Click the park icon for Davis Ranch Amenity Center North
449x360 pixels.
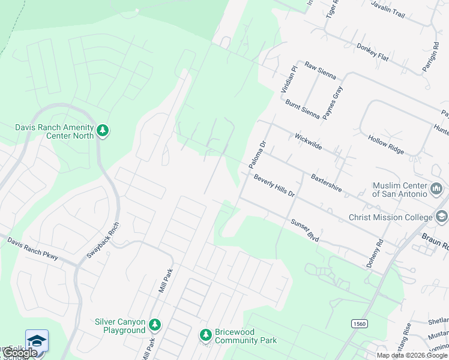[x=103, y=131]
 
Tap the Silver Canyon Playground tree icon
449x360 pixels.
[x=155, y=325]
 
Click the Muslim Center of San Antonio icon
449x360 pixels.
[x=437, y=190]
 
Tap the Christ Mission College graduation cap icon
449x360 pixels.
[x=442, y=217]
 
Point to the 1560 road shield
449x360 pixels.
[x=360, y=324]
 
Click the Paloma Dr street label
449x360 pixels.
[x=257, y=155]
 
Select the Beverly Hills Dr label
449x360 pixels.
[x=274, y=186]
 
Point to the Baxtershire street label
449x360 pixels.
[x=327, y=183]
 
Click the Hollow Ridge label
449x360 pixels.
[x=386, y=145]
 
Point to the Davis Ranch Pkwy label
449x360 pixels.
[x=32, y=248]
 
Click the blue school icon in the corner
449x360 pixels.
[x=37, y=340]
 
